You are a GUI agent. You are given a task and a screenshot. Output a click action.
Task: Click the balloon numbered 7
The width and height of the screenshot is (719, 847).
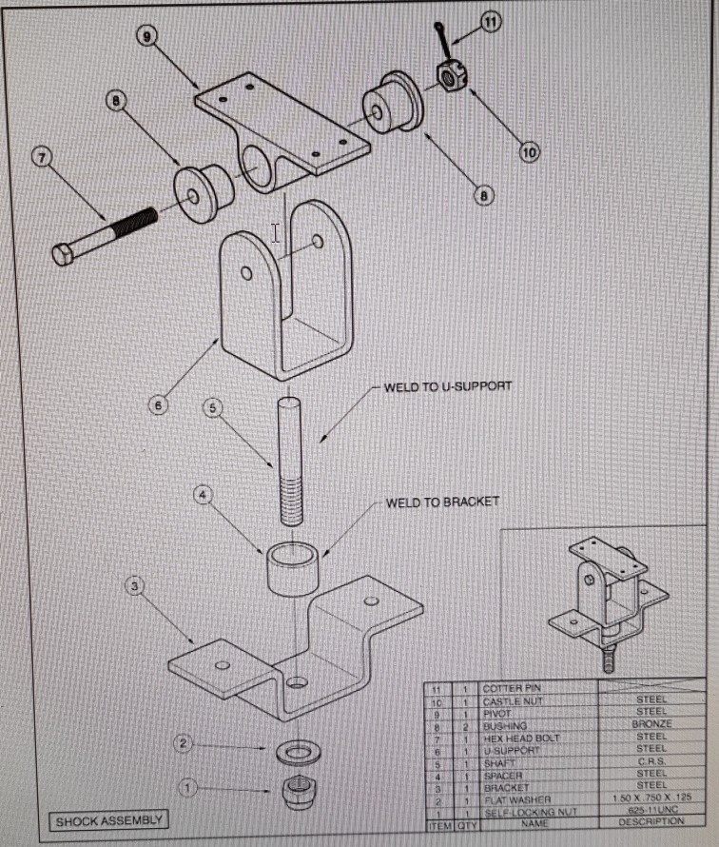[42, 157]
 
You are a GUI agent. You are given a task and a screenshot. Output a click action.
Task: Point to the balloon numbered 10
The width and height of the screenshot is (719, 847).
[529, 151]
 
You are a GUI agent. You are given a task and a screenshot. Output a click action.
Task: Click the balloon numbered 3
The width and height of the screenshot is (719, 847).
[136, 587]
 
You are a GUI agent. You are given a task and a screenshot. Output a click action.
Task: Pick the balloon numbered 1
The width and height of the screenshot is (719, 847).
[188, 788]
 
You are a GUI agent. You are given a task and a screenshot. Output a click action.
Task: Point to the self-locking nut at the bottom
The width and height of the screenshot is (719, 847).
[298, 789]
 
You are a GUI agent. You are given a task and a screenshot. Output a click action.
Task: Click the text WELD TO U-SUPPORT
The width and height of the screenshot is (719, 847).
[448, 387]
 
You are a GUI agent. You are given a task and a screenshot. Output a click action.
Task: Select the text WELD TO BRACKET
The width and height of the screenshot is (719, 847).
[442, 502]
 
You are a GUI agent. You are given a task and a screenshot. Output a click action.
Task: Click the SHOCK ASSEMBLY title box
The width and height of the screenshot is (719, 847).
[108, 820]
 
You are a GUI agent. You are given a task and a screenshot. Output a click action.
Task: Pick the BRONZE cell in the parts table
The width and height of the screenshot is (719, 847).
[651, 724]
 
